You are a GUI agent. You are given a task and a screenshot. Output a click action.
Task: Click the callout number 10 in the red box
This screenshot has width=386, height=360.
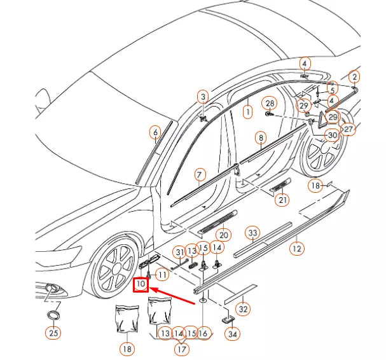[140, 284]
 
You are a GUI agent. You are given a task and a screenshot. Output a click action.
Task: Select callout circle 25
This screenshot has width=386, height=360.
[53, 332]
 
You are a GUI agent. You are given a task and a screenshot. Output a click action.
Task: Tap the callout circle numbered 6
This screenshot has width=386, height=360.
[155, 133]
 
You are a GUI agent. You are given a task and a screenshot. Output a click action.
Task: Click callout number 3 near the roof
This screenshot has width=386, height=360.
[203, 97]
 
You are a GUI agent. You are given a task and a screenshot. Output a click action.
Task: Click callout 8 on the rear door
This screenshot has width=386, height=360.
[260, 137]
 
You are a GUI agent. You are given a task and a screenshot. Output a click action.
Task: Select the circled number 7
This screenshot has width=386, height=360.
[199, 174]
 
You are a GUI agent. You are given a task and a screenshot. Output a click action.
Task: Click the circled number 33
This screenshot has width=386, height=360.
[253, 233]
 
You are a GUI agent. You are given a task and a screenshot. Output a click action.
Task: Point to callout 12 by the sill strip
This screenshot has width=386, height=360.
[296, 248]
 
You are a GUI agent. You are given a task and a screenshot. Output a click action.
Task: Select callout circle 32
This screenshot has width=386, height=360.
[242, 309]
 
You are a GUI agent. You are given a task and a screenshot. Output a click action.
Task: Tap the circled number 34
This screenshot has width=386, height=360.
[233, 333]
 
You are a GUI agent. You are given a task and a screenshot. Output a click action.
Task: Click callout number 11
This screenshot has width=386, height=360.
[162, 275]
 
